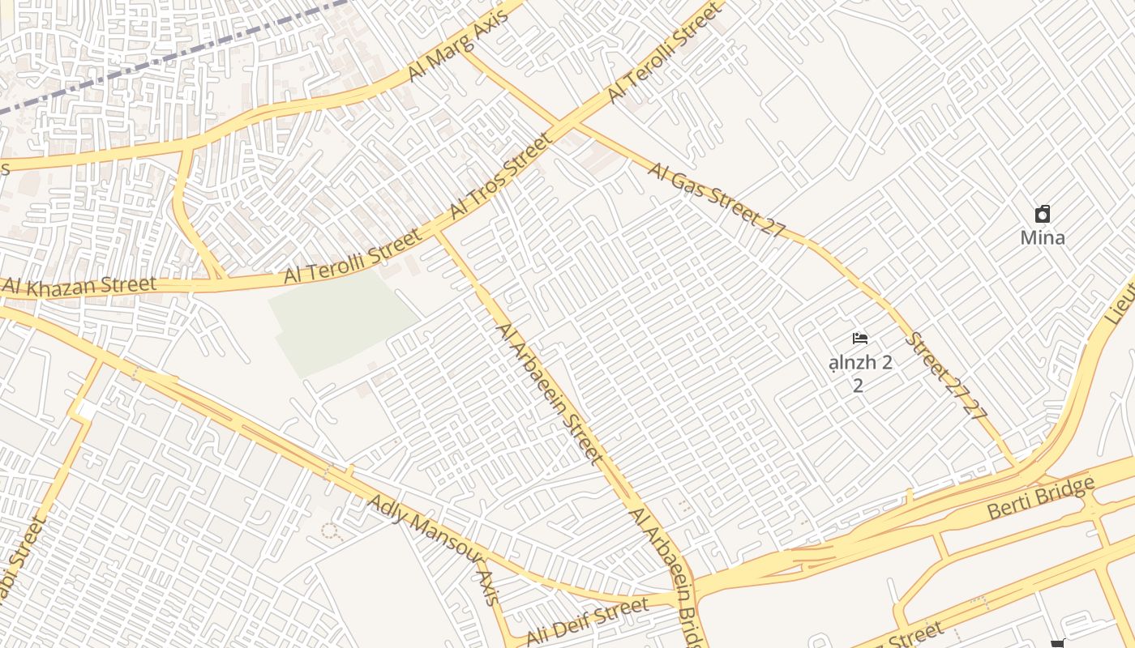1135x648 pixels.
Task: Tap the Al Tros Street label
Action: [501, 176]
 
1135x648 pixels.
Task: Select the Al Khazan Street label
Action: [79, 285]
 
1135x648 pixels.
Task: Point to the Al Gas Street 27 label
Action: [717, 198]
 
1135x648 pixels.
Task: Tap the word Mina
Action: [1042, 238]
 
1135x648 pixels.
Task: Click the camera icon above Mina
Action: [1043, 215]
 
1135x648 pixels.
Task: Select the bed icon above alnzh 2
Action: [860, 339]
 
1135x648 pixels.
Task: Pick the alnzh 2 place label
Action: [860, 363]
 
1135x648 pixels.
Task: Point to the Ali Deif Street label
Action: [587, 621]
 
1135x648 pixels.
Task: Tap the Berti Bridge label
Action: [1041, 498]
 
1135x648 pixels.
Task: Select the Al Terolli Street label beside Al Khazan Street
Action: [353, 256]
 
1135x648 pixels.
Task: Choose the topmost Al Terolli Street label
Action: [663, 53]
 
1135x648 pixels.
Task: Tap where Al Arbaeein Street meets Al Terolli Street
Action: [438, 231]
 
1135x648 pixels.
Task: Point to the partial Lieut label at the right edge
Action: [1122, 296]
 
